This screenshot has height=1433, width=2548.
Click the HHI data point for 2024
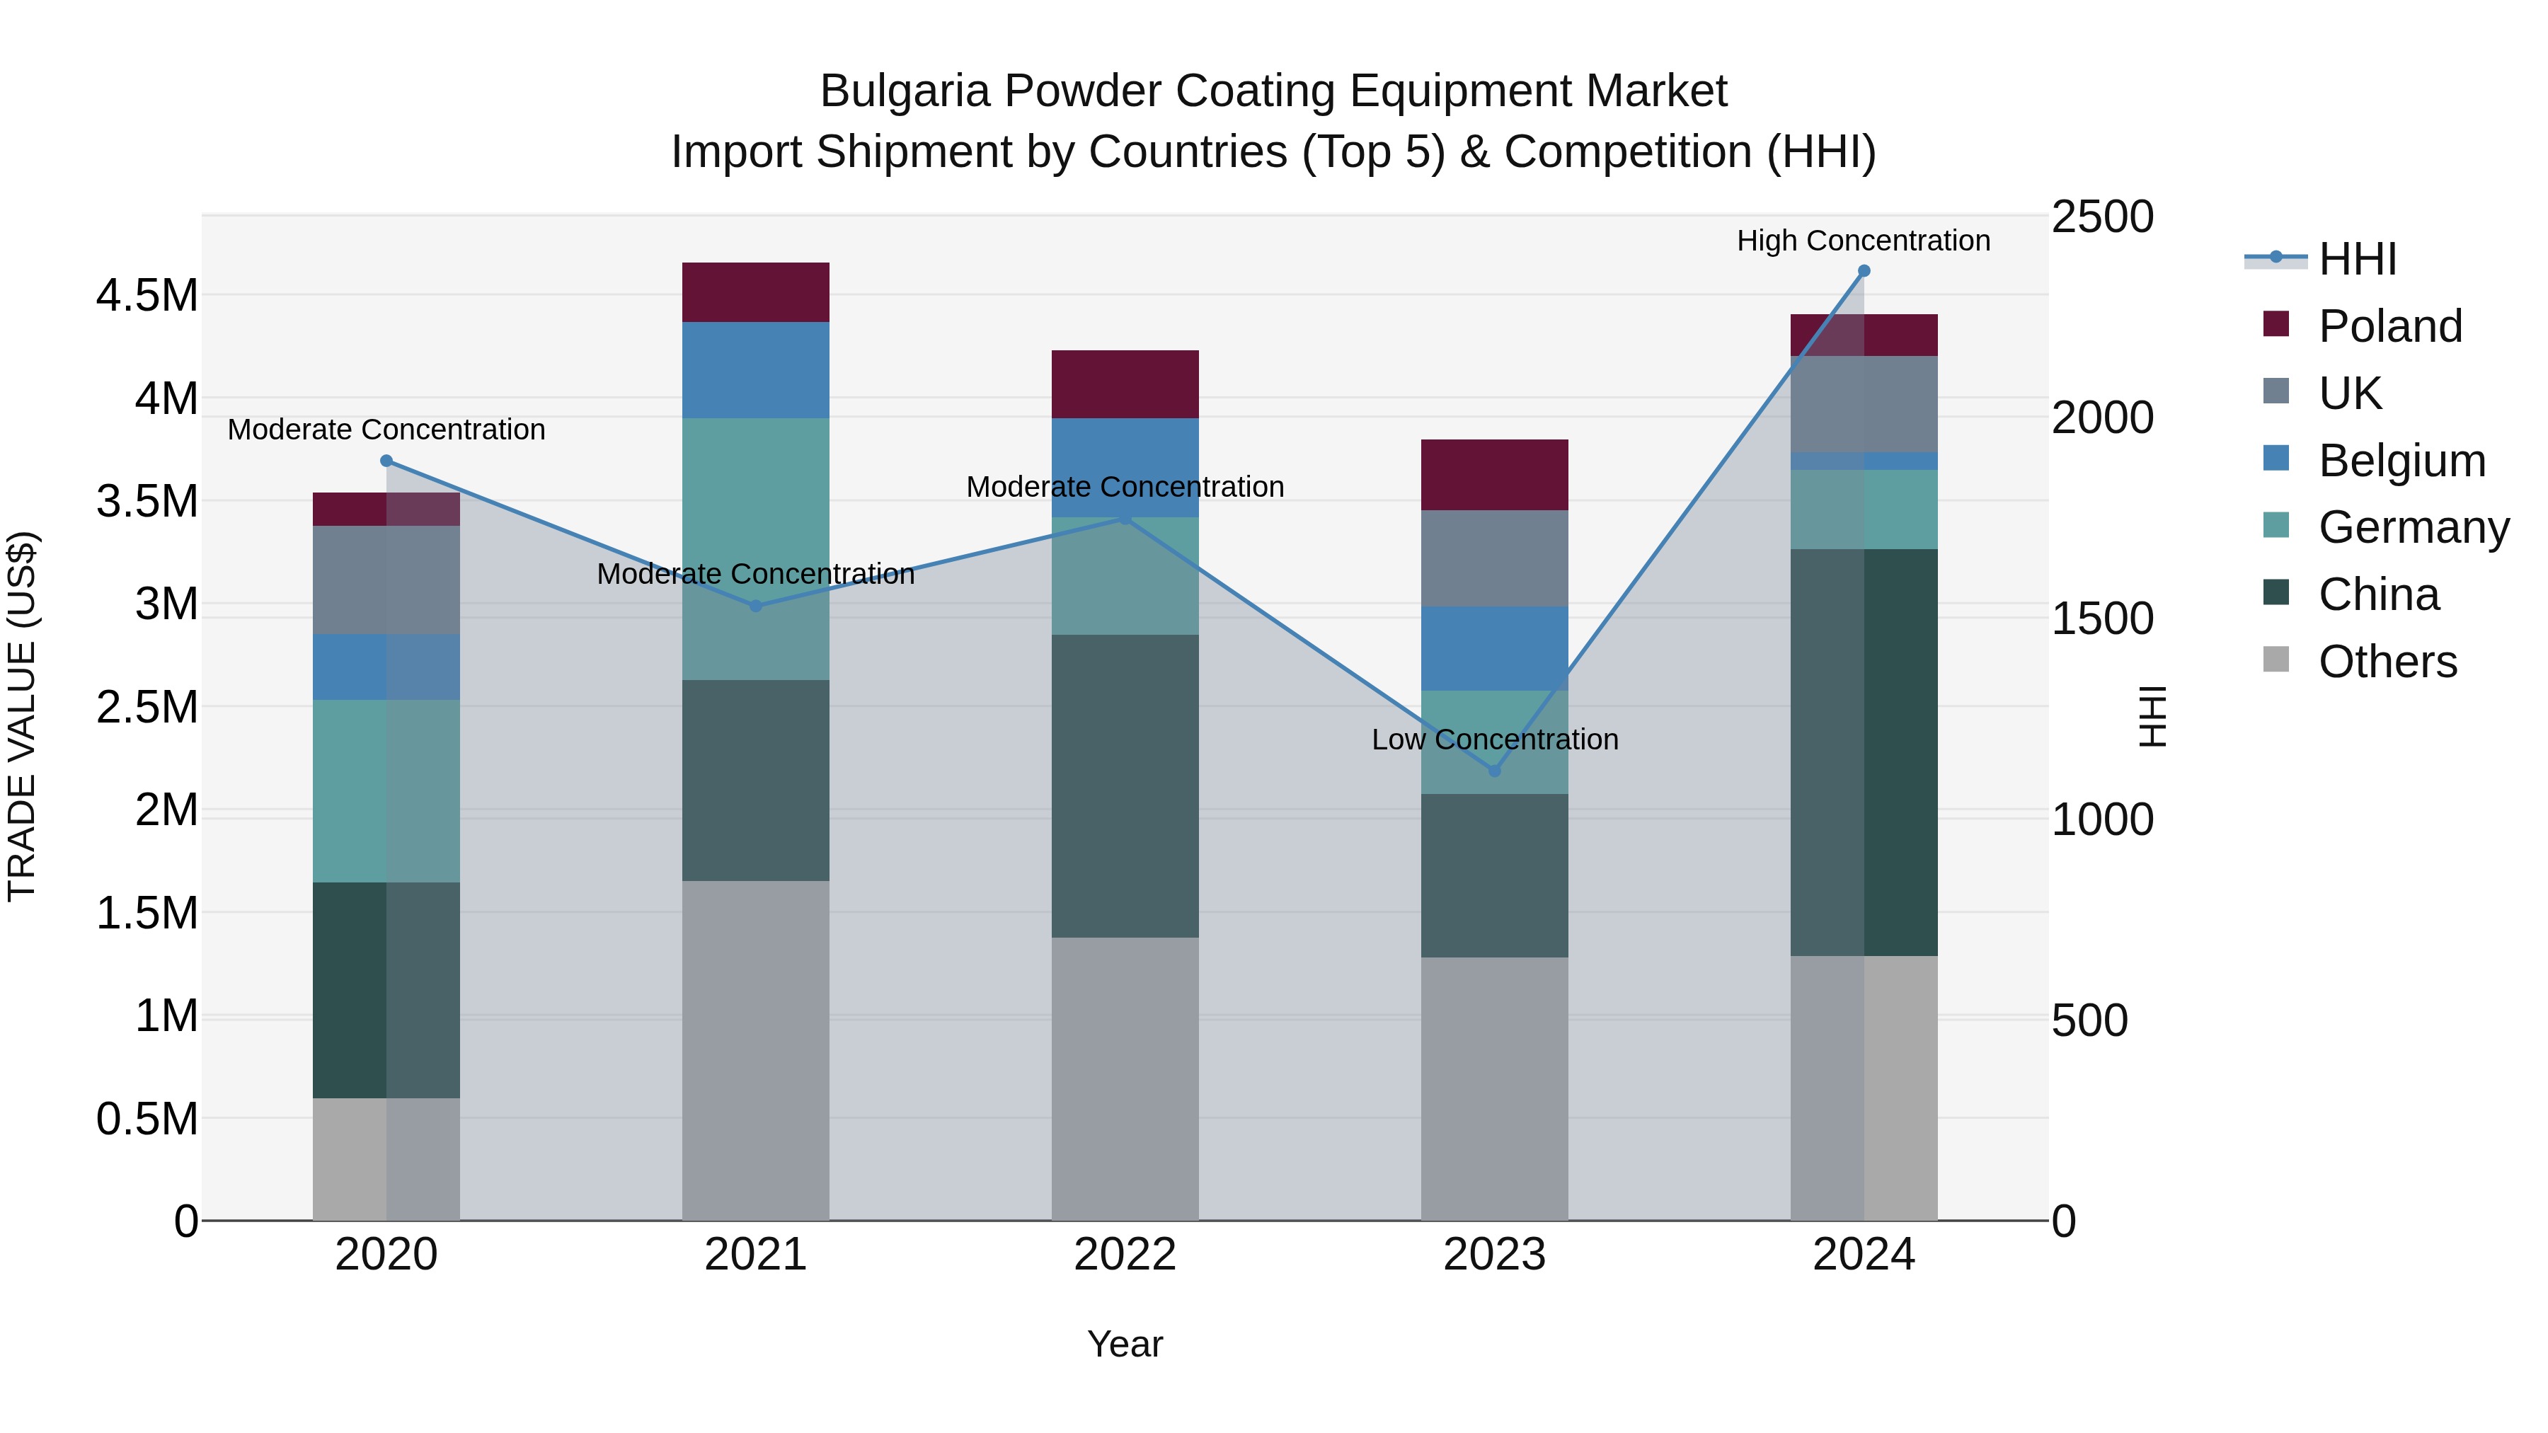1864,271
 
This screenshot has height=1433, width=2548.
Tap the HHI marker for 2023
1495,771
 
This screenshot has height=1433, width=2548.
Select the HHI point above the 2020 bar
386,461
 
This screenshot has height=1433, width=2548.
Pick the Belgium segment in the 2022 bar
1125,467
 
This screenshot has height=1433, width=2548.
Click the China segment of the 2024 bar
1864,752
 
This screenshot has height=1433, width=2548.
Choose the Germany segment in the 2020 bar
386,790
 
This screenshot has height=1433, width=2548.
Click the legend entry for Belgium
2401,461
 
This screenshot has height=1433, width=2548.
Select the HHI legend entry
2356,259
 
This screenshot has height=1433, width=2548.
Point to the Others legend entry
2387,662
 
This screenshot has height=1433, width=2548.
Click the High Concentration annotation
1864,241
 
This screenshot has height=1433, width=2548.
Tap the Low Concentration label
1495,739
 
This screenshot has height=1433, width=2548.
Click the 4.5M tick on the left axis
147,296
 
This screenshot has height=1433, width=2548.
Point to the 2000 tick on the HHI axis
2102,418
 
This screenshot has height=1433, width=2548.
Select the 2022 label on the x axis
1125,1254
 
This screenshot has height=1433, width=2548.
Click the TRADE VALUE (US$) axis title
22,716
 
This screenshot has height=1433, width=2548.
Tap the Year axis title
1125,1344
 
